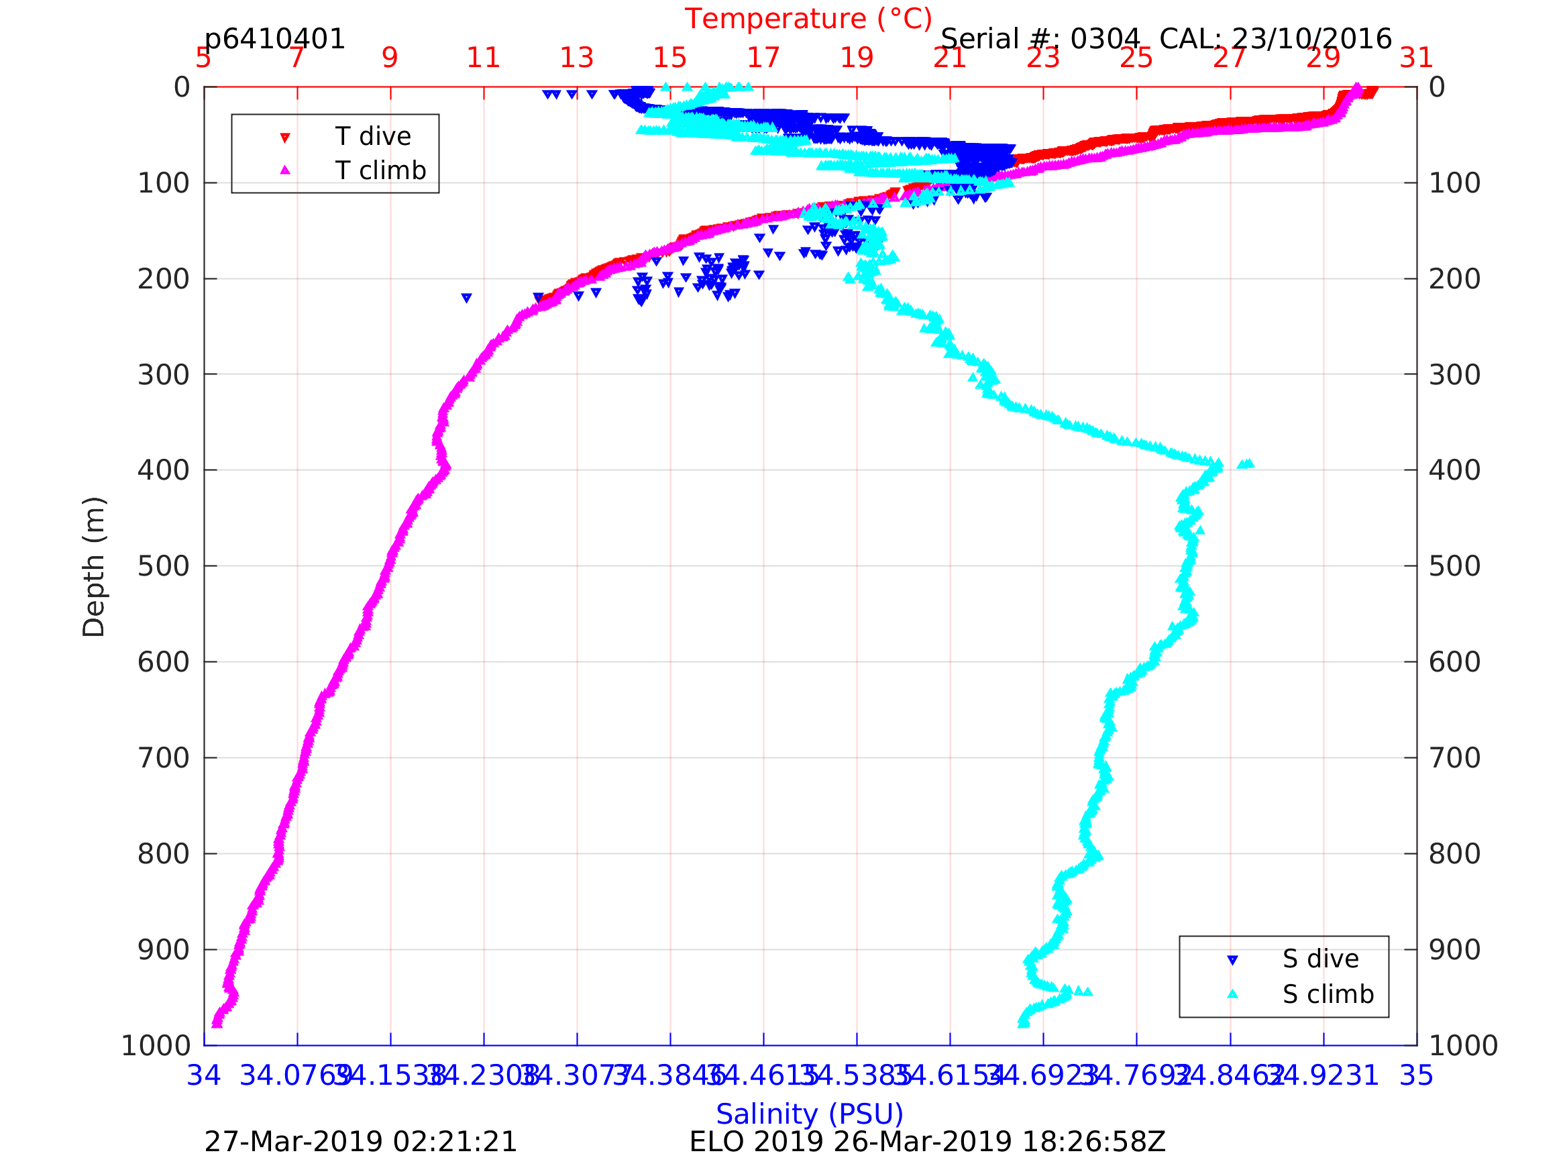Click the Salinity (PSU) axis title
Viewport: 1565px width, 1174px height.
(x=810, y=1114)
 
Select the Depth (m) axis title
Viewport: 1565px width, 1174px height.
(x=94, y=566)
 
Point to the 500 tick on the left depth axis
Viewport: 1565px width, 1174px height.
(x=164, y=566)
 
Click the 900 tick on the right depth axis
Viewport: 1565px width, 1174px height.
(x=1454, y=950)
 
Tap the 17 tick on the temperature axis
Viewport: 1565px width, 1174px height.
(x=763, y=58)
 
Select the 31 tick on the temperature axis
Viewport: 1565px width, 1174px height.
(x=1417, y=58)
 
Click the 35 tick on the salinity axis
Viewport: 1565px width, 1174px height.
(x=1417, y=1075)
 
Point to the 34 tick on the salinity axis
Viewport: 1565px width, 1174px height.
(x=204, y=1075)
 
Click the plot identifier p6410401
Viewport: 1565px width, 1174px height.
(x=274, y=39)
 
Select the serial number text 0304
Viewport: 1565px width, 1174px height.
(x=1105, y=39)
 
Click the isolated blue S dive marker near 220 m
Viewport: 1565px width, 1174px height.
(x=466, y=298)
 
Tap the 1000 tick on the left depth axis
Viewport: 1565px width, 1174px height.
(x=156, y=1045)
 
